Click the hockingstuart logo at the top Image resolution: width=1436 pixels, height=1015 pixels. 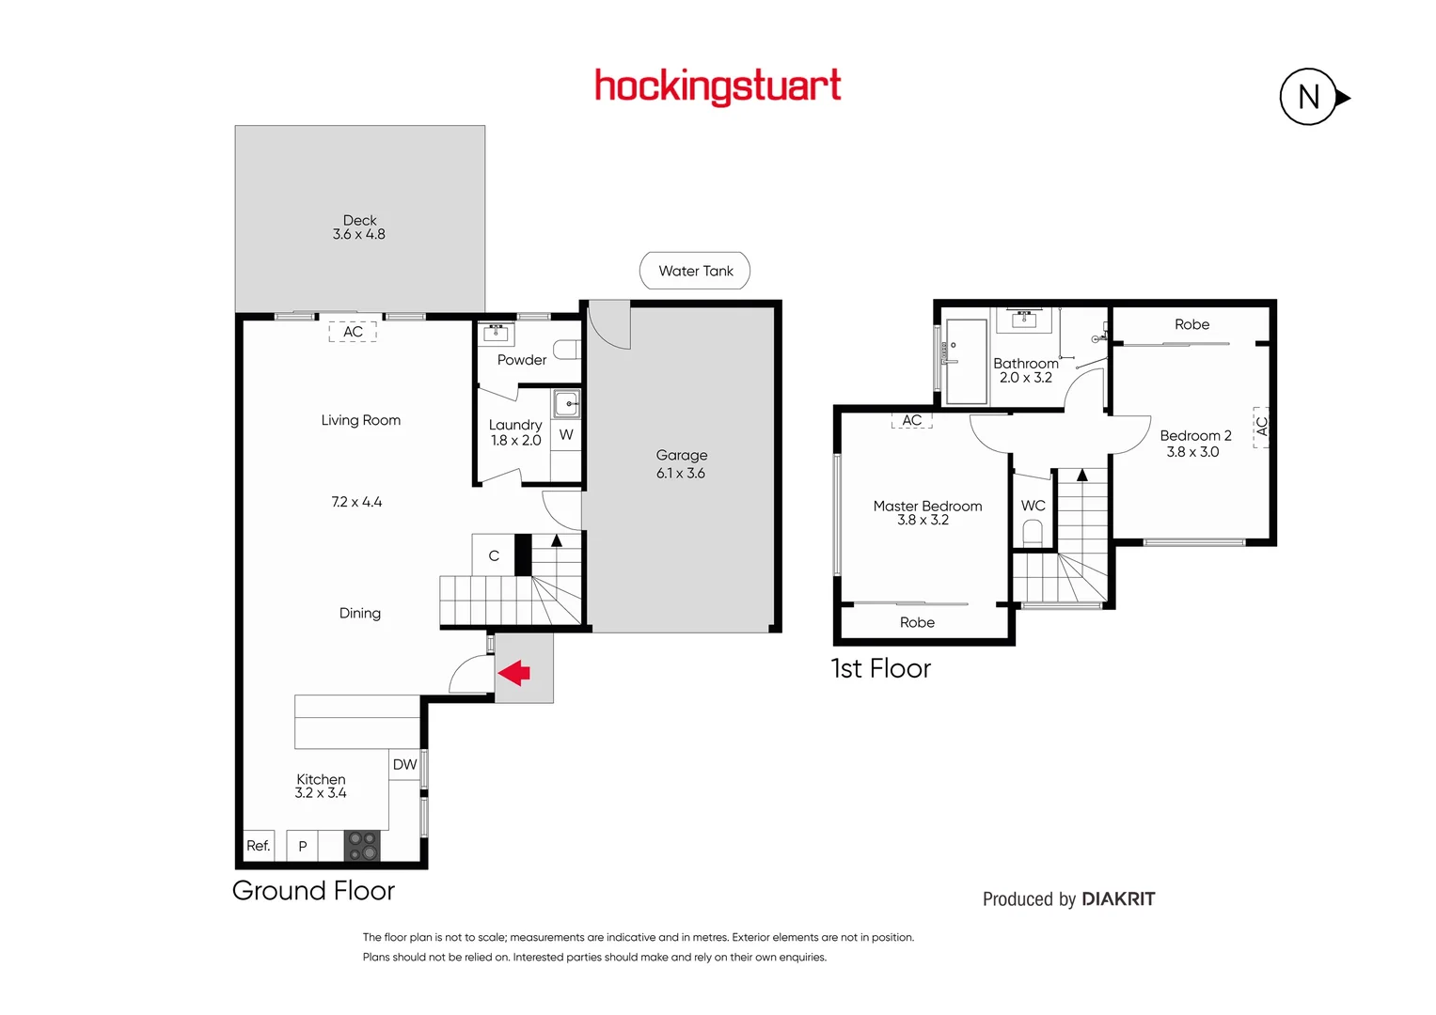point(718,86)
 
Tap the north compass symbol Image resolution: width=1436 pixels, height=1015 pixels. point(1309,97)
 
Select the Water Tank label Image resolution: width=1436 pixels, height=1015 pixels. point(695,271)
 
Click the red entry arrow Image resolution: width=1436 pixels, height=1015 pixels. point(514,673)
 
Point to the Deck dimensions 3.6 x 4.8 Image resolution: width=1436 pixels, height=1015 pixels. point(358,235)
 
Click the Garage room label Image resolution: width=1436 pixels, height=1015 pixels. point(681,456)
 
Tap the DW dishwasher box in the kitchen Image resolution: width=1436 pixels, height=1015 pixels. point(404,765)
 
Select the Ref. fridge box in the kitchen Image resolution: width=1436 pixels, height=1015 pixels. point(259,846)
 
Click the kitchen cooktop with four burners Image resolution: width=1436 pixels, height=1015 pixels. point(362,846)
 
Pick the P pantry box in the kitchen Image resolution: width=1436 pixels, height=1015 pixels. point(303,846)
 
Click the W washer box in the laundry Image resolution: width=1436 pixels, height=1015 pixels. point(566,435)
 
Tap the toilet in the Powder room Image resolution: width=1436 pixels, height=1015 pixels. point(566,350)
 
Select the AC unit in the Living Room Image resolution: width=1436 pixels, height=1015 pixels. point(353,332)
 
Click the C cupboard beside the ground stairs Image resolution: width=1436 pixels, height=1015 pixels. point(494,555)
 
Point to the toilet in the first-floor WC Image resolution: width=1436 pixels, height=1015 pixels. point(1033,533)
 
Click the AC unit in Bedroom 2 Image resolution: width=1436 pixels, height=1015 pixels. point(1261,427)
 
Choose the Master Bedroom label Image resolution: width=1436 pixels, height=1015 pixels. point(927,506)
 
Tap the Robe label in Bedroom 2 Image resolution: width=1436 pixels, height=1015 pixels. point(1191,324)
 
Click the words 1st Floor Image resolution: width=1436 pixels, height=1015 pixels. point(881,668)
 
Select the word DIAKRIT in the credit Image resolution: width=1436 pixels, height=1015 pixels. point(1118,899)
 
